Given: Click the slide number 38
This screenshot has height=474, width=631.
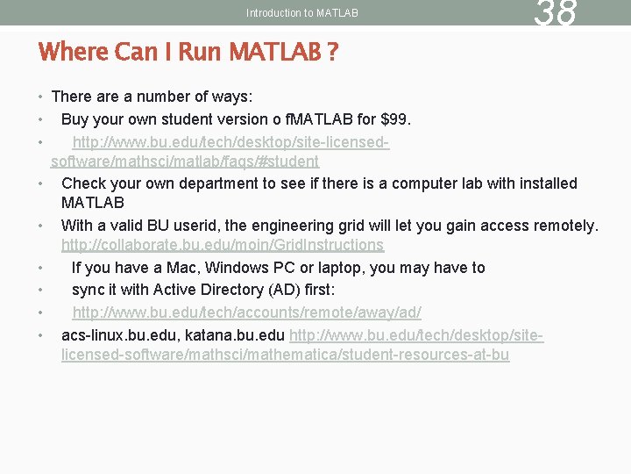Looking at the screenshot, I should (x=556, y=13).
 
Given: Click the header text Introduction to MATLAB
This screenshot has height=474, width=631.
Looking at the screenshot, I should (x=302, y=13).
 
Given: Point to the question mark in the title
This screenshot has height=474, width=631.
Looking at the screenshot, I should (x=333, y=52).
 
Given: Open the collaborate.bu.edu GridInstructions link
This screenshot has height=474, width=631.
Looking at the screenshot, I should (x=223, y=245).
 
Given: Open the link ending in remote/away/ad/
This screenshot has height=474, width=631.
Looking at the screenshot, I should (x=246, y=312).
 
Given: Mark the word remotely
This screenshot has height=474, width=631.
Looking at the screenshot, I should (x=564, y=226).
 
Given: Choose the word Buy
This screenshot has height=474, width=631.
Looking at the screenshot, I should (x=74, y=118).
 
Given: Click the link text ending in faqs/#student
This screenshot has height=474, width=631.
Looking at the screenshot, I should (x=185, y=162).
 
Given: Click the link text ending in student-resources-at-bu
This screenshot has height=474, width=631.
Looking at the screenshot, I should (x=285, y=355).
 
